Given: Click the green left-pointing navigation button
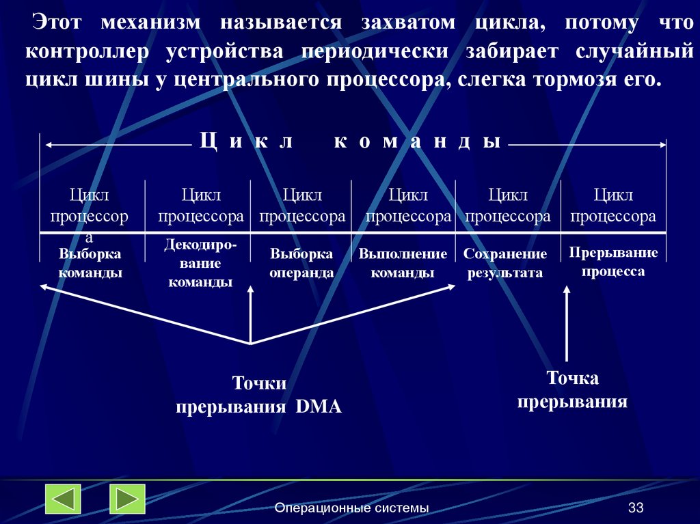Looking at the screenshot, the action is (63, 499).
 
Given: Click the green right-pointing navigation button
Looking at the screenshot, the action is (127, 499).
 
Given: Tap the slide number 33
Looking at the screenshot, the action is (636, 508).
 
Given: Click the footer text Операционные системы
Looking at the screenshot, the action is (352, 508).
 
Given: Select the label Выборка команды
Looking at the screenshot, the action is (90, 263).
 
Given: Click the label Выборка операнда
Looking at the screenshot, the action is (301, 263).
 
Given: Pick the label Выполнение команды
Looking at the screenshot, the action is (403, 263).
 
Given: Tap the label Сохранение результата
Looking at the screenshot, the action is (505, 263).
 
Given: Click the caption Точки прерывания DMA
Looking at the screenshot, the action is (259, 395).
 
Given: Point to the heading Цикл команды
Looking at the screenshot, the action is (350, 141).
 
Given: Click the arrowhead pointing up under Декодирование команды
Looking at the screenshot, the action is (250, 290).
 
